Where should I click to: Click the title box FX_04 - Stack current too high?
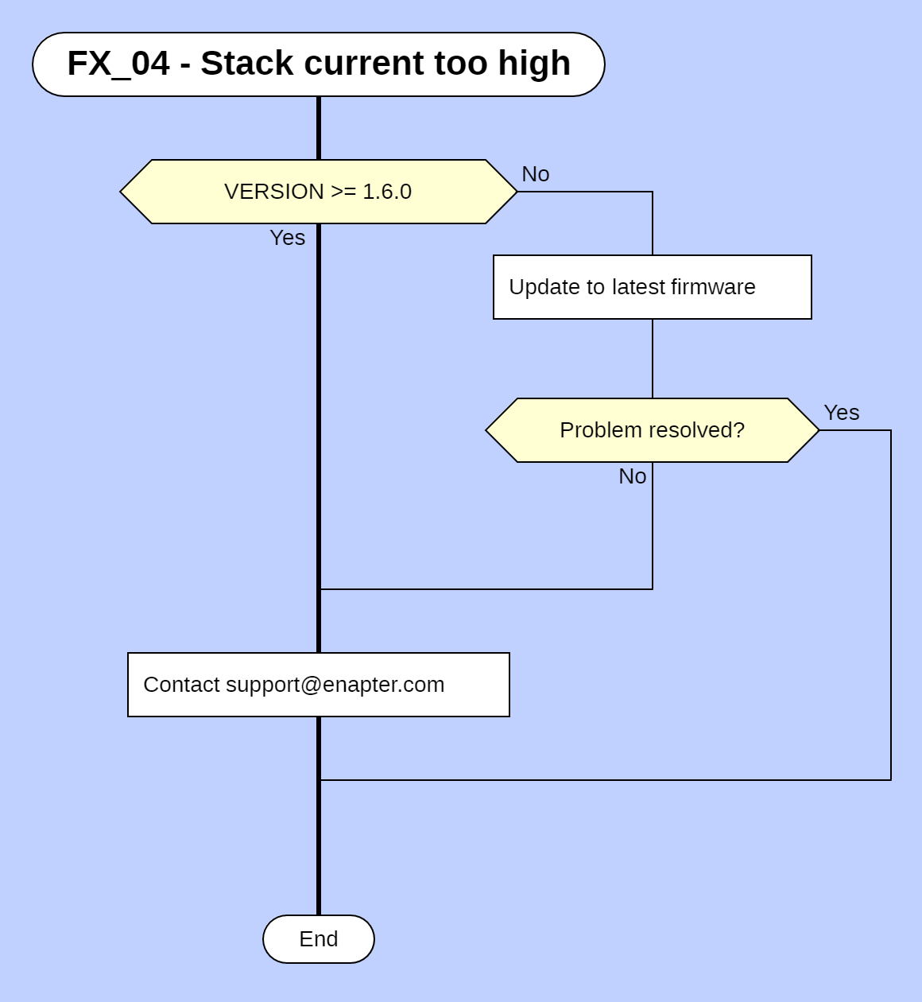click(318, 64)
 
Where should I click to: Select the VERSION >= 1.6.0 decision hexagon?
click(318, 192)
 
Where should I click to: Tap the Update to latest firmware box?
click(652, 287)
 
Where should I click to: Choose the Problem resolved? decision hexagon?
click(652, 430)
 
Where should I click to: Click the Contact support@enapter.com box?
click(318, 685)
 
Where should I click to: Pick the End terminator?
click(318, 939)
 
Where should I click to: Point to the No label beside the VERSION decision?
click(535, 174)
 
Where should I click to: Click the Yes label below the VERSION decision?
click(287, 238)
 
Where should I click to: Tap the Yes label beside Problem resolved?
click(841, 413)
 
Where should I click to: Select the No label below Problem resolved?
click(632, 476)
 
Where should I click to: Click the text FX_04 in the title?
click(118, 64)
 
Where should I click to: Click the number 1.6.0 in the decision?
click(387, 192)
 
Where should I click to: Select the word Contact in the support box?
click(181, 685)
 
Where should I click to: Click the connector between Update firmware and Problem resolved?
click(653, 358)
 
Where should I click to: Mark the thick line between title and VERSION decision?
click(319, 127)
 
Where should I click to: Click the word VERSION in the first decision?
click(274, 192)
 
